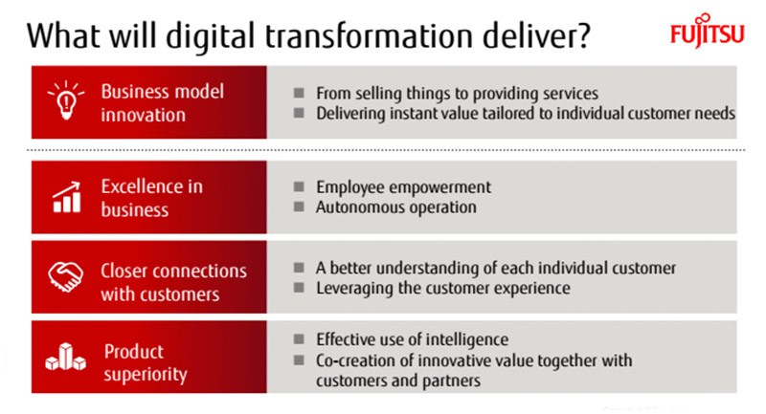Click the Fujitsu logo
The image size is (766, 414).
pyautogui.click(x=707, y=31)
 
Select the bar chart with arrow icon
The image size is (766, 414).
pyautogui.click(x=66, y=197)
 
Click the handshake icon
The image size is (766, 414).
pyautogui.click(x=65, y=277)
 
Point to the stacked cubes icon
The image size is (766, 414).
pyautogui.click(x=66, y=357)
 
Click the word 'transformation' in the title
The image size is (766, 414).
pyautogui.click(x=369, y=36)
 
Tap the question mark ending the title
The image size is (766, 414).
pyautogui.click(x=581, y=35)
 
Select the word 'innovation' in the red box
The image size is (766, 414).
pyautogui.click(x=143, y=115)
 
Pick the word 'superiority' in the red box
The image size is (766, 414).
pyautogui.click(x=146, y=375)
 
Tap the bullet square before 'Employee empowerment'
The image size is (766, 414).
pyautogui.click(x=299, y=186)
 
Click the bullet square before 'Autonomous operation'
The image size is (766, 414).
pyautogui.click(x=299, y=207)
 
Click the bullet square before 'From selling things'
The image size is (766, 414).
pyautogui.click(x=299, y=93)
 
